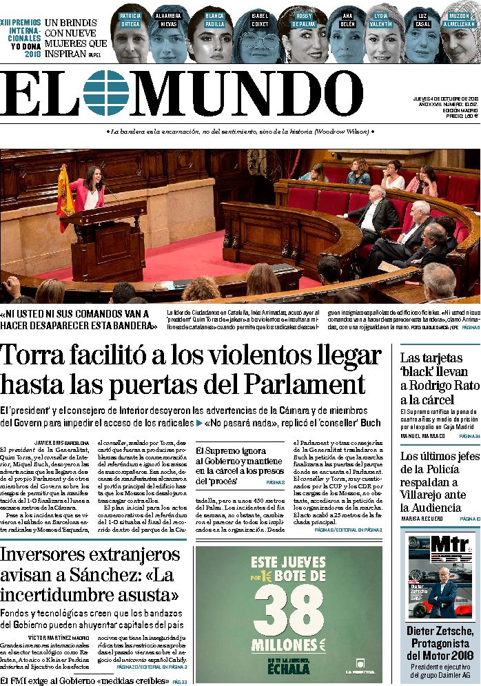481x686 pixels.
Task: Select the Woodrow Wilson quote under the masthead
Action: pyautogui.click(x=240, y=132)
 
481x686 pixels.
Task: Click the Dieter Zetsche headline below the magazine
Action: pyautogui.click(x=440, y=637)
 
